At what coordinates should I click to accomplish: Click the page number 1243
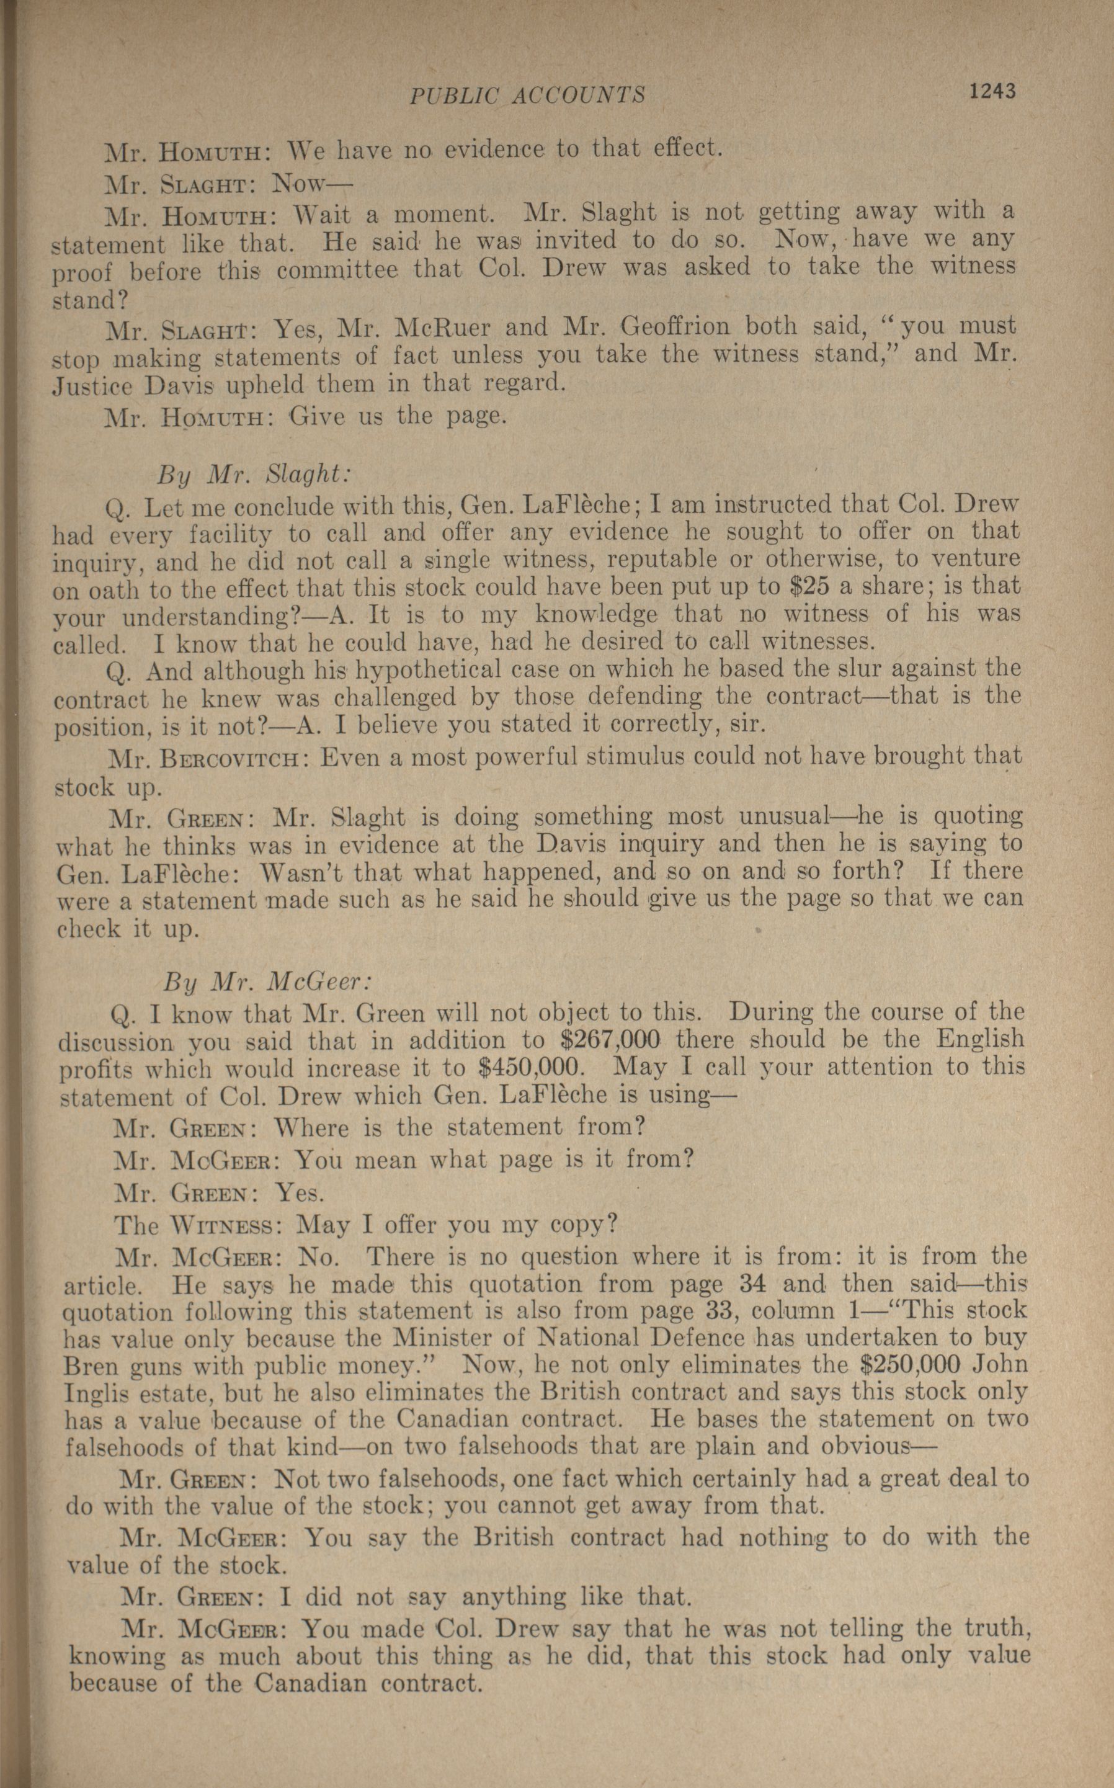tap(992, 91)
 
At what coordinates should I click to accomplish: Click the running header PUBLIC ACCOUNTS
tap(527, 95)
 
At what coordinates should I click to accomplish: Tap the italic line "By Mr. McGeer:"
tap(267, 982)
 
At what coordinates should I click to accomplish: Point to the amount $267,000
tap(608, 1040)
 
